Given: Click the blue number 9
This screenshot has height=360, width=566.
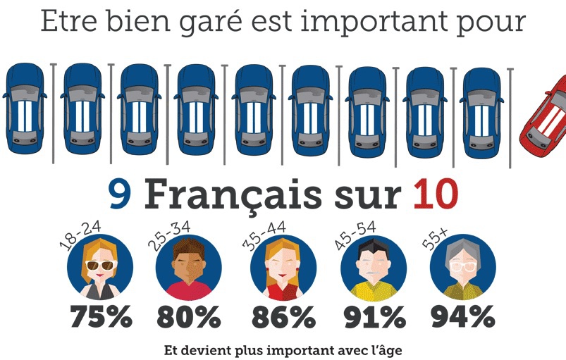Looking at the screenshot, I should pyautogui.click(x=121, y=195).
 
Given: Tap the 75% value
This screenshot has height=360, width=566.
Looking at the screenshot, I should pyautogui.click(x=101, y=317).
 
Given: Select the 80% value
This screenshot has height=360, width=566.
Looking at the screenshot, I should pyautogui.click(x=189, y=317).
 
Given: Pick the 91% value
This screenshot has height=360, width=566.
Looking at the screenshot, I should pyautogui.click(x=374, y=317).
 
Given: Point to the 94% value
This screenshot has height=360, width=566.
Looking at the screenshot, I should pyautogui.click(x=463, y=317).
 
